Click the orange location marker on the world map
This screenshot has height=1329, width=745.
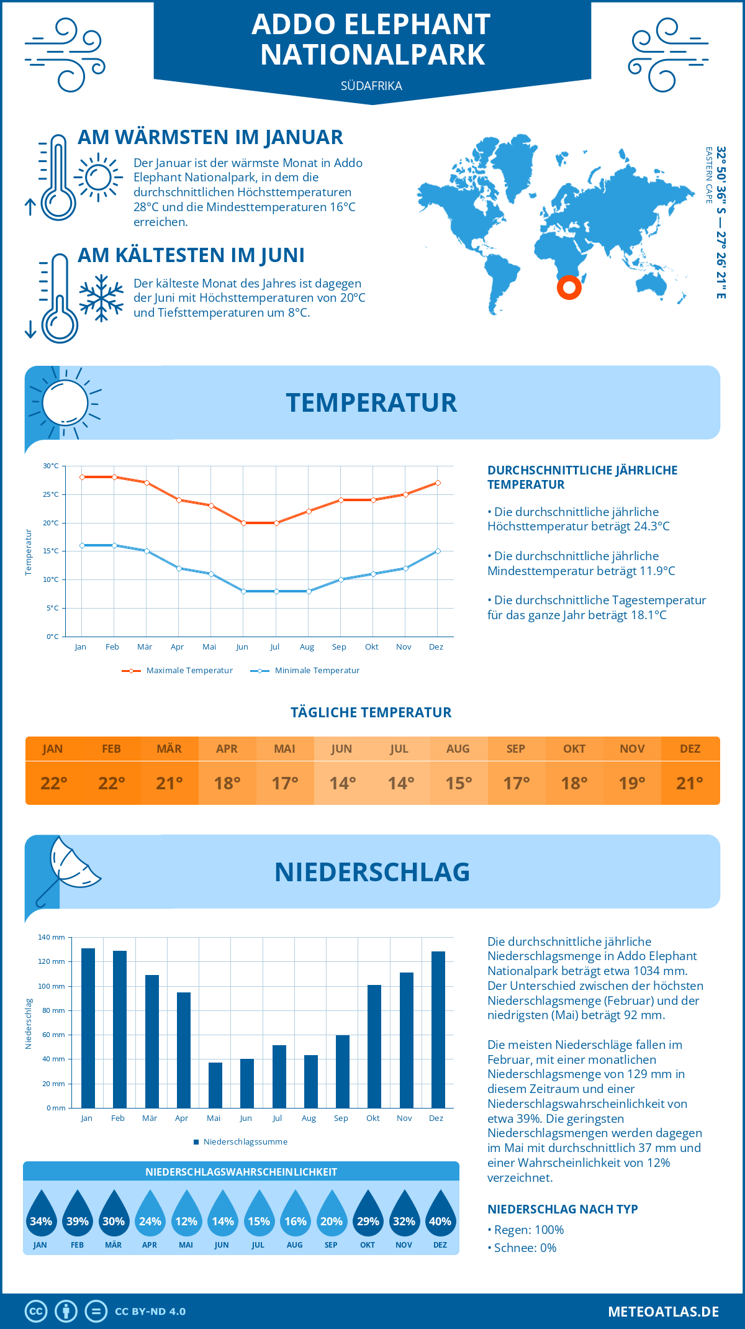(569, 288)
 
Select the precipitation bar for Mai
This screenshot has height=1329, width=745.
(215, 1085)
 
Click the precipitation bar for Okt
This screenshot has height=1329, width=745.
(374, 1046)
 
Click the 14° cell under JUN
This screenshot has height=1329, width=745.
(342, 783)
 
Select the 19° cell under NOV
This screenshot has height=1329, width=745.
(631, 783)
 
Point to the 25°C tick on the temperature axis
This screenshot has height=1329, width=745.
(51, 495)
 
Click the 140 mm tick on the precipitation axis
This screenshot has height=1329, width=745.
(52, 937)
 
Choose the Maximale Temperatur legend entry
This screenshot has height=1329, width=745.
(178, 671)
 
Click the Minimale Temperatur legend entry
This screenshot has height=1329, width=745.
(305, 671)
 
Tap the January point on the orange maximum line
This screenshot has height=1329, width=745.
(82, 477)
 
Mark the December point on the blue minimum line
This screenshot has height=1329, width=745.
(438, 551)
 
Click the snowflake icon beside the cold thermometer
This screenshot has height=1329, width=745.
(101, 298)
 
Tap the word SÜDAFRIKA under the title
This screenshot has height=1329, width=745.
(371, 86)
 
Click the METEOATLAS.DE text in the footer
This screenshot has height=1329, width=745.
(663, 1312)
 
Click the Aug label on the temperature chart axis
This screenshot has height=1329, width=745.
(307, 647)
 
